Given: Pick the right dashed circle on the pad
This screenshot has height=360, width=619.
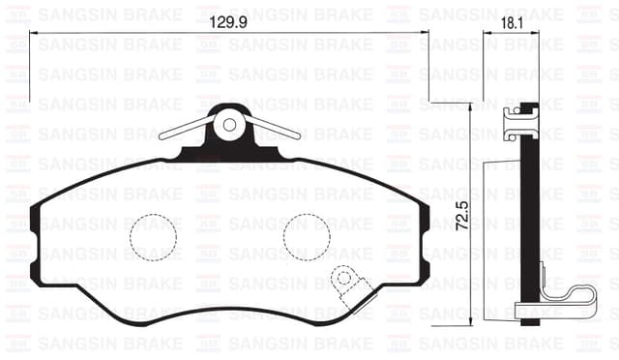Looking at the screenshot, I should pyautogui.click(x=307, y=237).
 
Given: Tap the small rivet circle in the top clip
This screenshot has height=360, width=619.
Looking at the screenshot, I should pyautogui.click(x=230, y=123).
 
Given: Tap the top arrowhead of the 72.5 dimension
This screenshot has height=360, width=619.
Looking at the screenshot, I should pyautogui.click(x=471, y=107).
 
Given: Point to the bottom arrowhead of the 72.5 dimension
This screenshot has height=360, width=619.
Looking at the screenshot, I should pyautogui.click(x=471, y=324).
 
